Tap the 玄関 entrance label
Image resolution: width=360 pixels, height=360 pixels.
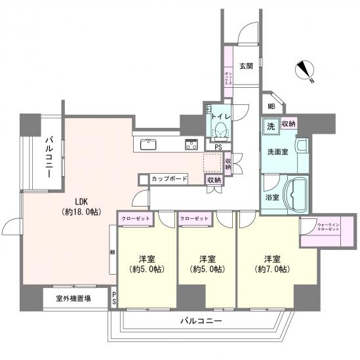246,66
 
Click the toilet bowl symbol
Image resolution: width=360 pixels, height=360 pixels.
221,129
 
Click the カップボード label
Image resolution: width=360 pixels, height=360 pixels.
169,178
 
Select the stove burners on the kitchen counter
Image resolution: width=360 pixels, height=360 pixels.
192,145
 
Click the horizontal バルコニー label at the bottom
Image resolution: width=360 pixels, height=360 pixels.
201,321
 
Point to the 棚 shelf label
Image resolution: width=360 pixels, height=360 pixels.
112,252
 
